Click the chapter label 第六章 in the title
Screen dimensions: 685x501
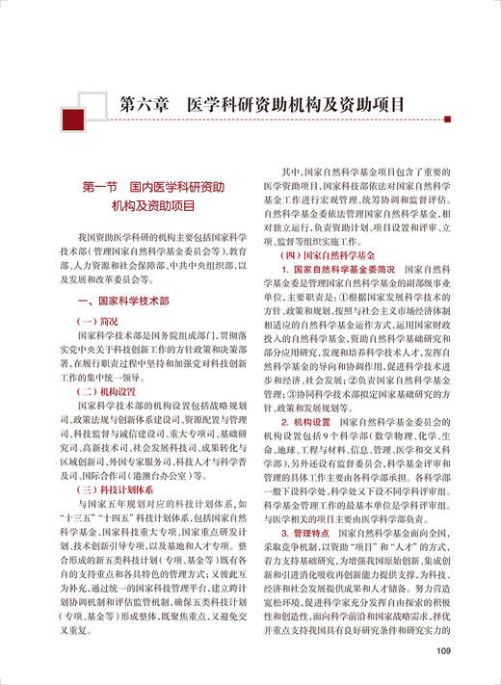[144, 103]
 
